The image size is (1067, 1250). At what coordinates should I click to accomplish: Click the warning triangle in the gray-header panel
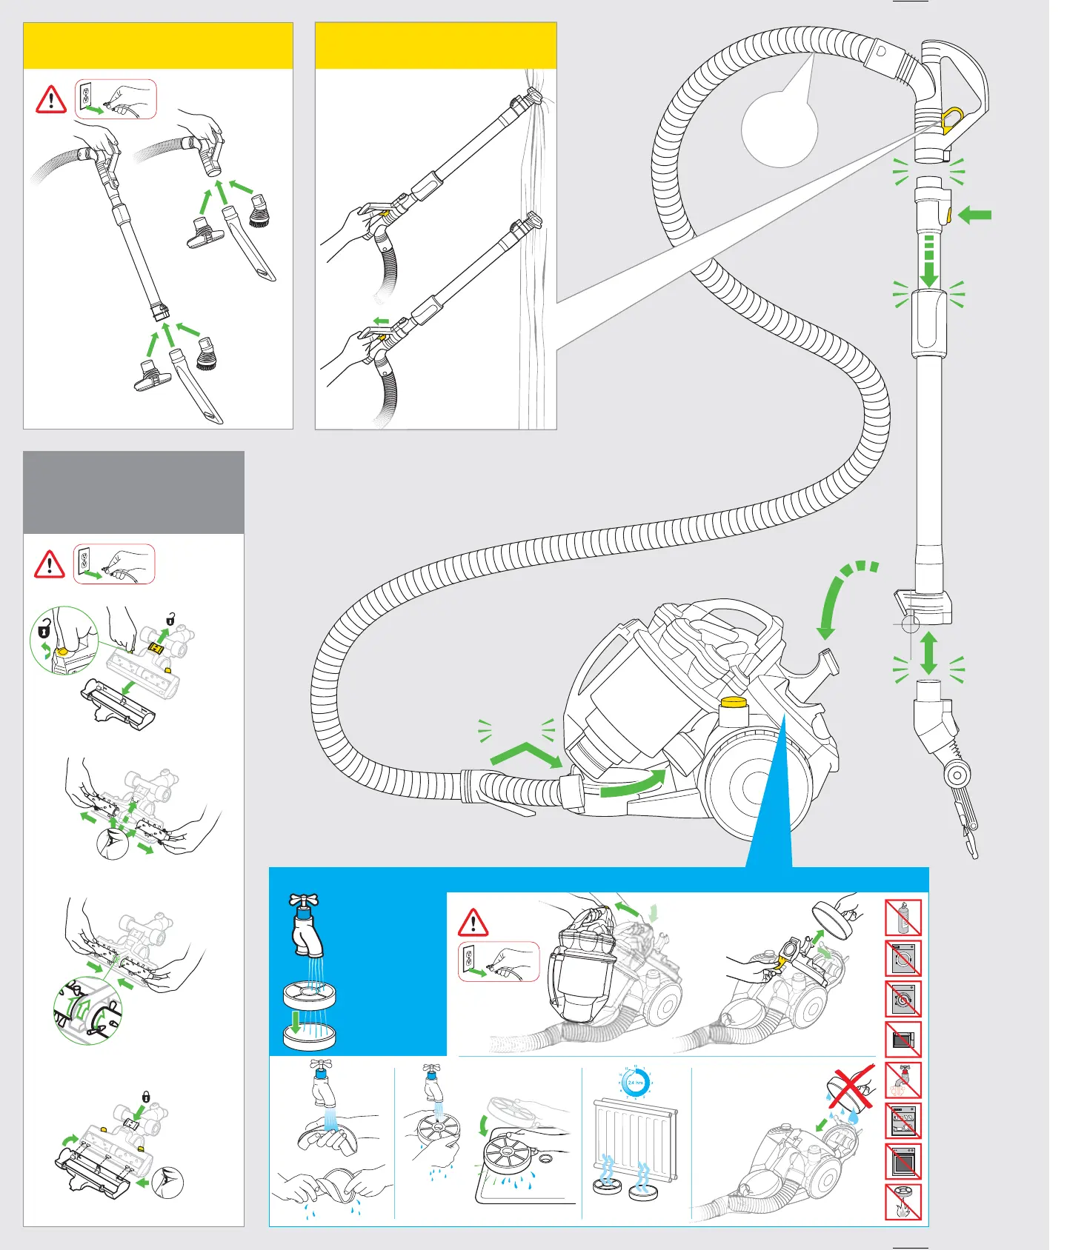coord(50,564)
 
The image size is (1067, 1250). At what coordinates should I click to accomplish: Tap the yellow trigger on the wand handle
coord(952,118)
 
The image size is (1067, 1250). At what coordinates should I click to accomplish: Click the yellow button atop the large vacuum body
coord(733,703)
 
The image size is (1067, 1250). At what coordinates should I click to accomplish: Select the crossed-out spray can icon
coord(903,918)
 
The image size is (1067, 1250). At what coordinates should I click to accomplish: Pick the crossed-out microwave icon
coord(903,1040)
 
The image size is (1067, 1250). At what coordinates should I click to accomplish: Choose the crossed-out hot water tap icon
coord(903,1080)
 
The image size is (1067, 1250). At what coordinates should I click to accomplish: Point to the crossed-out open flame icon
coord(903,1203)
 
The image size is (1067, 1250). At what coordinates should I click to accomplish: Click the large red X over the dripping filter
coord(850,1089)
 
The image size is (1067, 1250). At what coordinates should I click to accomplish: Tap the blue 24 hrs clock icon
coord(635,1083)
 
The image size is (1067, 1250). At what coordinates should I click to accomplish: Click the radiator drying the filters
coord(635,1140)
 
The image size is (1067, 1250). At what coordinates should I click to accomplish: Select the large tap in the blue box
coord(305,926)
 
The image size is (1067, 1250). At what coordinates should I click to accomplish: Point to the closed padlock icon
coord(146,1096)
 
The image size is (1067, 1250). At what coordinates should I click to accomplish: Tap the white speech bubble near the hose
coord(780,129)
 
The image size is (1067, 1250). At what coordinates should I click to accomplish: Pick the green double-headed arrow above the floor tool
coord(928,653)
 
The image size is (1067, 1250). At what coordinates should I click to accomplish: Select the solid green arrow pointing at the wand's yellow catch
coord(975,215)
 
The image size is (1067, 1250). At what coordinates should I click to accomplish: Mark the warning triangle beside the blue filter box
coord(473,923)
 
